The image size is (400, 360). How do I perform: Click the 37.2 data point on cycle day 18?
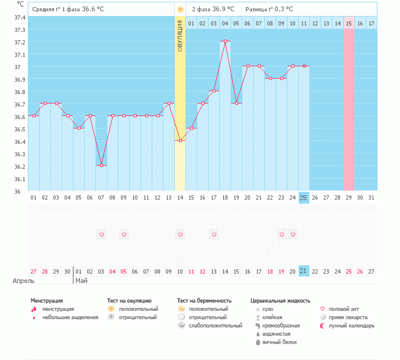coord(225,41)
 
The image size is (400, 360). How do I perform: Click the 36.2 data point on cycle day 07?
coord(101,165)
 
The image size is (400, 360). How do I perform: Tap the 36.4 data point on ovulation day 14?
coord(180,140)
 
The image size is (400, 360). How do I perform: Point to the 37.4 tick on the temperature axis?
coord(20,17)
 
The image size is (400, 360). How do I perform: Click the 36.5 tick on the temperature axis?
coord(20,129)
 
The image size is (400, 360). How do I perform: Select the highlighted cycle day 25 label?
coord(303,197)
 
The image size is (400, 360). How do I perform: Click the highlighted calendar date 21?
coord(303,271)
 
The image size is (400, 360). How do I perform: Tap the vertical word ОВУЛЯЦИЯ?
coord(180,36)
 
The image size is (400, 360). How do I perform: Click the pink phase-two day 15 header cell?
coord(348,23)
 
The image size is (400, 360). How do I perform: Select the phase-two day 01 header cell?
coord(191,23)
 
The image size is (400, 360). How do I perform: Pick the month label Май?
coord(81,281)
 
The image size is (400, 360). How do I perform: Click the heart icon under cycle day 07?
coord(101,234)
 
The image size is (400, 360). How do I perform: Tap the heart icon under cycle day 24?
coord(292,234)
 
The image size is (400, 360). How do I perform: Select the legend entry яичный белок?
coord(280,342)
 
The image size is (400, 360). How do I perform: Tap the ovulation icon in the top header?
coord(180,9)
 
